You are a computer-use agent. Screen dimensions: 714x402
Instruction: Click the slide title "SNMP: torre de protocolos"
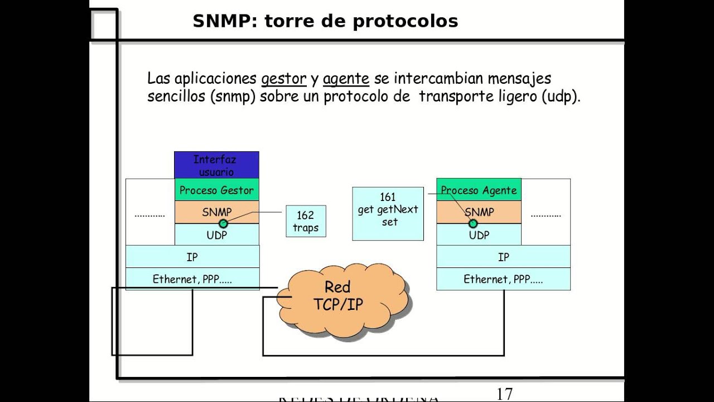click(325, 21)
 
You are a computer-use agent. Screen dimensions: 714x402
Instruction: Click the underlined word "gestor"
click(283, 79)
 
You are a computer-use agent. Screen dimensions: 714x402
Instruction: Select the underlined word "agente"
click(346, 79)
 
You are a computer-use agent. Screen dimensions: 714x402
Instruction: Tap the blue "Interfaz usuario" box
click(216, 165)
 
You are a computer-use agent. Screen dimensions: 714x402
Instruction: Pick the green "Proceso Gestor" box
click(216, 190)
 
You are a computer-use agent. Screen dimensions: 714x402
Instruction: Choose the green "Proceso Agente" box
click(479, 190)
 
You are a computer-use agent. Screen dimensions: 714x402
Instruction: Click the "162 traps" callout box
click(306, 221)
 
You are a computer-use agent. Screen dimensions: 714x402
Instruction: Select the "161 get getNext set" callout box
click(388, 214)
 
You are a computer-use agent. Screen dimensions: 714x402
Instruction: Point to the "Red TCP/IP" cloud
click(338, 296)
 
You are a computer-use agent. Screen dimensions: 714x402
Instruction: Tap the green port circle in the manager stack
click(223, 224)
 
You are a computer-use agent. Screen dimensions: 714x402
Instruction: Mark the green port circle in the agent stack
click(473, 224)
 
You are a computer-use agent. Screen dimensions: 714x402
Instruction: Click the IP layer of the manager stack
click(192, 257)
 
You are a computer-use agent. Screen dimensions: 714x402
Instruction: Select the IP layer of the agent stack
click(503, 257)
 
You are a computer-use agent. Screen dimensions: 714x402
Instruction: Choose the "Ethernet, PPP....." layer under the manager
click(192, 279)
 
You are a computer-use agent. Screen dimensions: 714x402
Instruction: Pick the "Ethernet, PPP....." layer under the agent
click(503, 279)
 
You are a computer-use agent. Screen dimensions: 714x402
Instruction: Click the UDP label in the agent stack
click(479, 235)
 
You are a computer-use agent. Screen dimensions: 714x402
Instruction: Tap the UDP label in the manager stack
click(216, 235)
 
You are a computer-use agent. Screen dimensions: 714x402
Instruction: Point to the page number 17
click(504, 394)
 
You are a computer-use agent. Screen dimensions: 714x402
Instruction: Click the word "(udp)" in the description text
click(561, 96)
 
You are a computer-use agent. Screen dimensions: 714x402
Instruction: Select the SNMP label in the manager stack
click(216, 212)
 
